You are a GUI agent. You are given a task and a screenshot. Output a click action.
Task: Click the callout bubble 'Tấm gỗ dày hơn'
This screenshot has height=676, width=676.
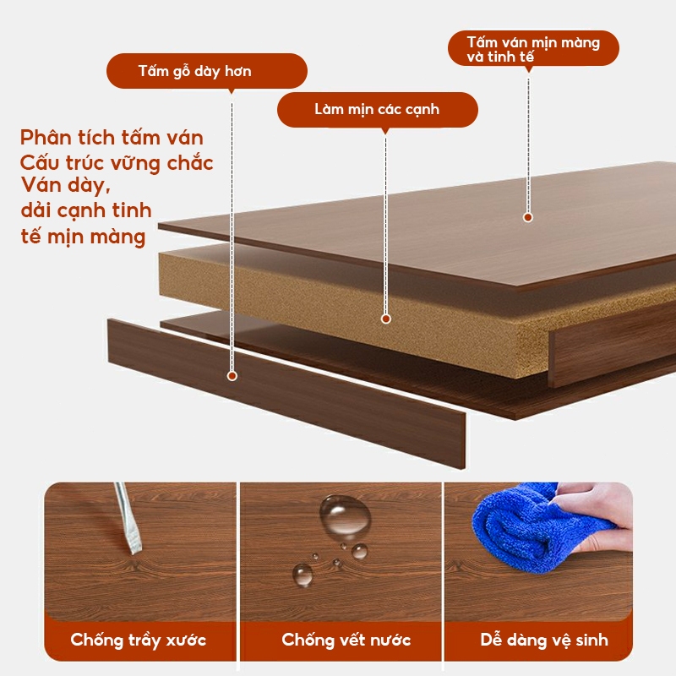(207, 71)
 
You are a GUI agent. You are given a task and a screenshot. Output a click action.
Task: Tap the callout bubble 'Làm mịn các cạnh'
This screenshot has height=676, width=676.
(377, 110)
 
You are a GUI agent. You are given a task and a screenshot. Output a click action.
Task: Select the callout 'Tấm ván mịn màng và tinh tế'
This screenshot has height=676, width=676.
(533, 48)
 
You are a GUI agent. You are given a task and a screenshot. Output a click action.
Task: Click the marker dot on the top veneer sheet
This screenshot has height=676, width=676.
(527, 217)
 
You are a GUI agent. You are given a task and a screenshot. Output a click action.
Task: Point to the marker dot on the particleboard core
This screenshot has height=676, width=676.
(386, 319)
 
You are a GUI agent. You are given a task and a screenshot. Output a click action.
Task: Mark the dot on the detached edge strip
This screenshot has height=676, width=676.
(232, 376)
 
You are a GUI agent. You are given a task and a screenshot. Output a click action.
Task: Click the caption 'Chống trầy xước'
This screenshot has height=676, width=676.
(139, 640)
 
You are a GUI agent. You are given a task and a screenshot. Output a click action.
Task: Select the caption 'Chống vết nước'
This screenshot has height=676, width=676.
(346, 640)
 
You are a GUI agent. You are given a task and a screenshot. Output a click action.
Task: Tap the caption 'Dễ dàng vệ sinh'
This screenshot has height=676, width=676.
(544, 640)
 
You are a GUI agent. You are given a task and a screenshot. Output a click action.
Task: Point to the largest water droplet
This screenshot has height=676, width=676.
(345, 516)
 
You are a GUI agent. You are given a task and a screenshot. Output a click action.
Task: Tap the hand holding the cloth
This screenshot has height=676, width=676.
(599, 517)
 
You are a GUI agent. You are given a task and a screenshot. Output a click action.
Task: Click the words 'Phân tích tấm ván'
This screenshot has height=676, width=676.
(112, 138)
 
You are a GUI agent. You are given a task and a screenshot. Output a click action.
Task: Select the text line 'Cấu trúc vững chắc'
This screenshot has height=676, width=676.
(117, 162)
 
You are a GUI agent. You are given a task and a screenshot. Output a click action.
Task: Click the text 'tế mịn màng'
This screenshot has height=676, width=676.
(83, 237)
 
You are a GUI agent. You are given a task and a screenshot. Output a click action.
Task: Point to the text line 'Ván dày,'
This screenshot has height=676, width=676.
(66, 185)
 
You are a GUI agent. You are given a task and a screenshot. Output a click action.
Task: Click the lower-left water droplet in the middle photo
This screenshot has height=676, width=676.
(303, 575)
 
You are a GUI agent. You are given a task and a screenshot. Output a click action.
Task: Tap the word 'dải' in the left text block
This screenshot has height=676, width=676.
(36, 210)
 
